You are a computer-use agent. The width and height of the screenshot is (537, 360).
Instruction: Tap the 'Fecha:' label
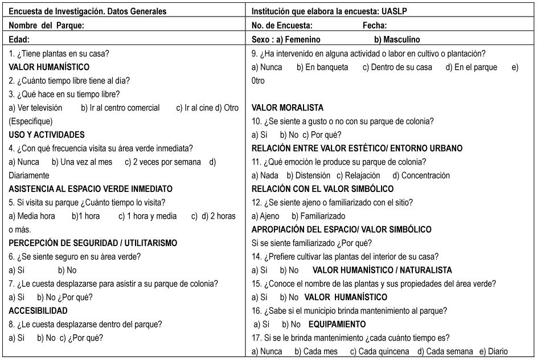pyautogui.click(x=375, y=26)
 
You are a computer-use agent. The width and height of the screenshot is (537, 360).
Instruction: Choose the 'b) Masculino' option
pyautogui.click(x=397, y=39)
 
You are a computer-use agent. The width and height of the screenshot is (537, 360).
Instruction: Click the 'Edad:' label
pyautogui.click(x=19, y=39)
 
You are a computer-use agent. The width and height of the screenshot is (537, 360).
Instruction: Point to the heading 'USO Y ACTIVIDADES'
pyautogui.click(x=47, y=135)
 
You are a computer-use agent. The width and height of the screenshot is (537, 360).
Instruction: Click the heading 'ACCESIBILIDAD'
pyautogui.click(x=38, y=310)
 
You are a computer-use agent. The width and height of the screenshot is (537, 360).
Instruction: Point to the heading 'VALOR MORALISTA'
pyautogui.click(x=288, y=108)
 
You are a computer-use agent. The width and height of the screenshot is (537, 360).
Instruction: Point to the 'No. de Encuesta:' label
pyautogui.click(x=282, y=26)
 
